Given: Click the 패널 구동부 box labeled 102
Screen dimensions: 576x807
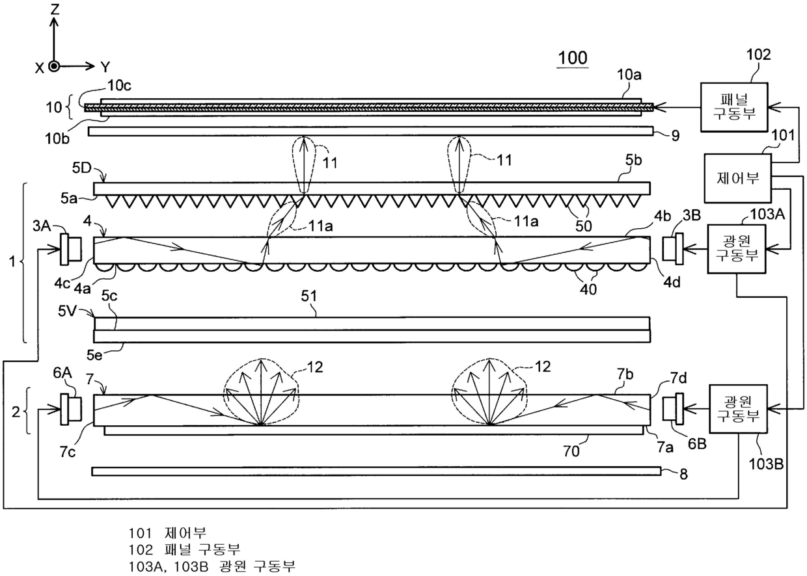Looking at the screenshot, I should point(733,106).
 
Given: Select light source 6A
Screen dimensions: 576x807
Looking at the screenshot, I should point(70,410).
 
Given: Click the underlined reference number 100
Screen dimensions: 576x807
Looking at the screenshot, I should point(572,57).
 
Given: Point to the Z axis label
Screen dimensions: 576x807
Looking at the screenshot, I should point(55,9).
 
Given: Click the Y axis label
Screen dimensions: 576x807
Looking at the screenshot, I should point(105,66).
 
